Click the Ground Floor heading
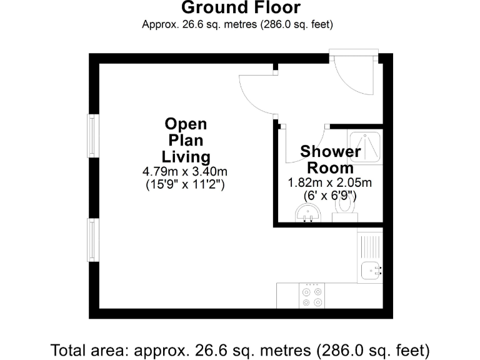[x=241, y=8]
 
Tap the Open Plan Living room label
[x=186, y=140]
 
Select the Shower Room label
[x=330, y=159]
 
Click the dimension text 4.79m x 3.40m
[x=185, y=171]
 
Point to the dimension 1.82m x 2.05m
[x=329, y=183]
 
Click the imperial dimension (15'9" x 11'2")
[x=185, y=184]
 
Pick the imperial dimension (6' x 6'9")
[x=329, y=196]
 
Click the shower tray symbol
[x=365, y=147]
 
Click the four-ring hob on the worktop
[x=312, y=296]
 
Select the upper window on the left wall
[x=92, y=136]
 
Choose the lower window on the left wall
[x=92, y=240]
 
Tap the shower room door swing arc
[x=304, y=146]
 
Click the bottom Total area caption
[x=241, y=348]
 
